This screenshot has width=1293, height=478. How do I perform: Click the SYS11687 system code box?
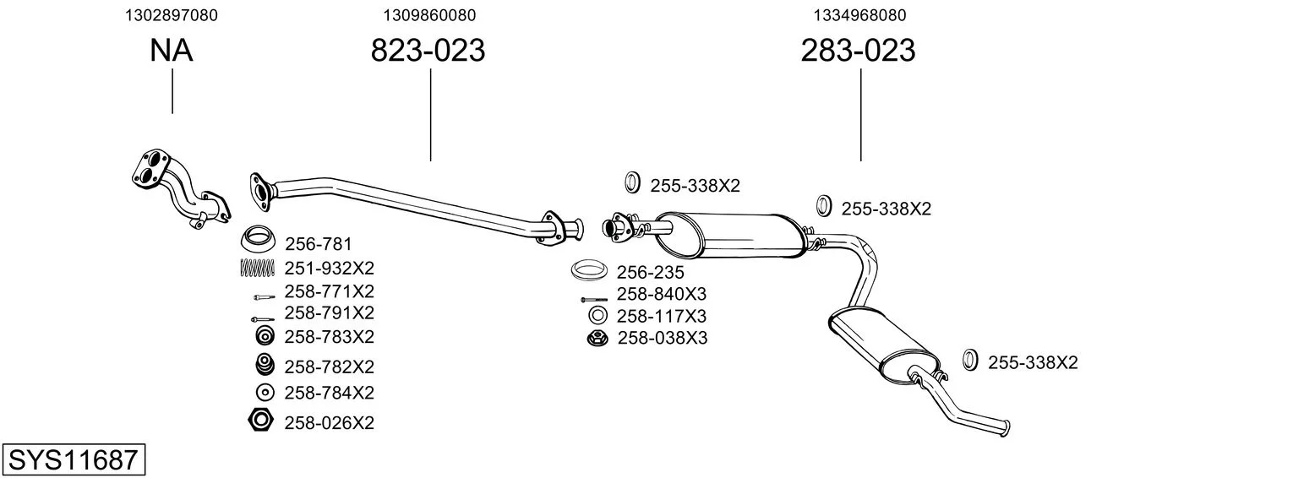pos(74,459)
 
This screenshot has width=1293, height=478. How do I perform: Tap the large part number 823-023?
pos(428,50)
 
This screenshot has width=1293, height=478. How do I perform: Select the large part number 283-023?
pos(858,50)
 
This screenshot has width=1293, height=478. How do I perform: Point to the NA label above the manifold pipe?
pos(171,50)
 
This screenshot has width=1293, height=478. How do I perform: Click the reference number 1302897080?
pos(172,15)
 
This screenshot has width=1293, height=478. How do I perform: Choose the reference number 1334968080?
pos(859,15)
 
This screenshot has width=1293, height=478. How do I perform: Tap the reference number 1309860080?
pos(429,15)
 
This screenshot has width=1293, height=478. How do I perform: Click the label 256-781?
pos(318,244)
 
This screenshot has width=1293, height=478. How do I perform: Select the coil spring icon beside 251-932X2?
pos(258,268)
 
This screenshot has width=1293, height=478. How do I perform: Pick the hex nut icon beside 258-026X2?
pos(259,420)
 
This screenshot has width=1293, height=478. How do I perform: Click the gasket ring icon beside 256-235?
pos(589,270)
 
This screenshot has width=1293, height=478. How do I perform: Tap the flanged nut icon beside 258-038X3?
pos(597,338)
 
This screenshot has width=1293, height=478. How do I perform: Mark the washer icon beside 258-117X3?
pos(597,315)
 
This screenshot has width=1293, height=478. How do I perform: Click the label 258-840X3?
pos(662,294)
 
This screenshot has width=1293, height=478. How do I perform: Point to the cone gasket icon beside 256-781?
pos(257,239)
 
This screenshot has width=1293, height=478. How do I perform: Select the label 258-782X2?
pos(329,367)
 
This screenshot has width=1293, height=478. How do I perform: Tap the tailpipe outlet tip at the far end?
pos(1007,428)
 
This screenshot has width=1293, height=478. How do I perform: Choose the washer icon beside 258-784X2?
pos(265,393)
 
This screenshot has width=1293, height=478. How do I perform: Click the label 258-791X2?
pos(329,313)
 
